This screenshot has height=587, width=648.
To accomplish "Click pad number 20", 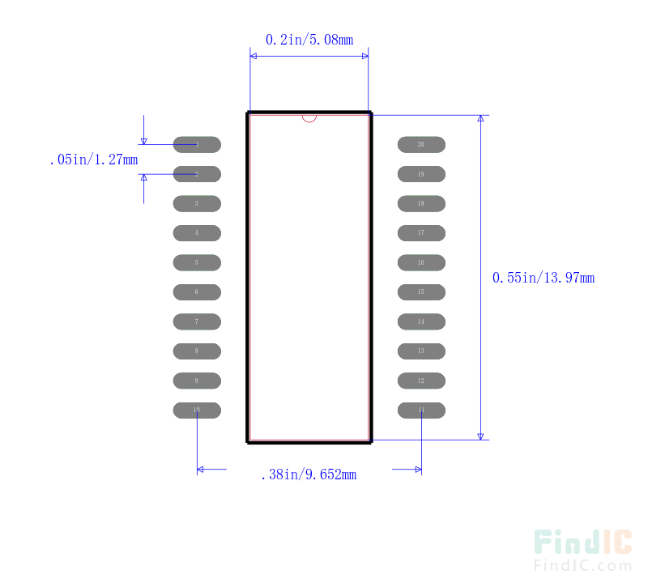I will click(x=421, y=145).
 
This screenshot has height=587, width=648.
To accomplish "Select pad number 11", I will click(x=421, y=410).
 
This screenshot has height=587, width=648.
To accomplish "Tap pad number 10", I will click(x=197, y=410).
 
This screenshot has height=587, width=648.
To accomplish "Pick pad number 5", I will click(x=197, y=263).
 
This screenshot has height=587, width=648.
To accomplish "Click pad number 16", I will click(x=421, y=263).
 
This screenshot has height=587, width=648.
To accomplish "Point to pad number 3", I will click(x=197, y=204).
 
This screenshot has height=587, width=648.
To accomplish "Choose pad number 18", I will click(x=421, y=204).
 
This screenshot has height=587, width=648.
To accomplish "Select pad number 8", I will click(x=197, y=351).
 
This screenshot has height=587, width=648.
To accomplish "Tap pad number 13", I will click(x=421, y=351).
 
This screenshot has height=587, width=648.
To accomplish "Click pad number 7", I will click(x=197, y=322).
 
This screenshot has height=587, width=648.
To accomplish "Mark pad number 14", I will click(x=421, y=322).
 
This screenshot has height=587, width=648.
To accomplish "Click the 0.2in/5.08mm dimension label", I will click(x=309, y=39).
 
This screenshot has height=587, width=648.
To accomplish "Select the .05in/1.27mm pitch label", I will click(x=93, y=160).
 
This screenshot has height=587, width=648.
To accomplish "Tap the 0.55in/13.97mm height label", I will click(x=544, y=278).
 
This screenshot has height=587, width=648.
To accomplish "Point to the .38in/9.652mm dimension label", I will click(x=309, y=475).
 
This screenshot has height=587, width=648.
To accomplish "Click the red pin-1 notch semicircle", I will click(x=309, y=118).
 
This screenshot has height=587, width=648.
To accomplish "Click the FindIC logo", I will click(x=582, y=543).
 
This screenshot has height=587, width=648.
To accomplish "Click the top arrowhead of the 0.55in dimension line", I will click(x=480, y=119).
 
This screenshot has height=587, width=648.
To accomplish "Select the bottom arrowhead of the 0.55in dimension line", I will click(x=480, y=436).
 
